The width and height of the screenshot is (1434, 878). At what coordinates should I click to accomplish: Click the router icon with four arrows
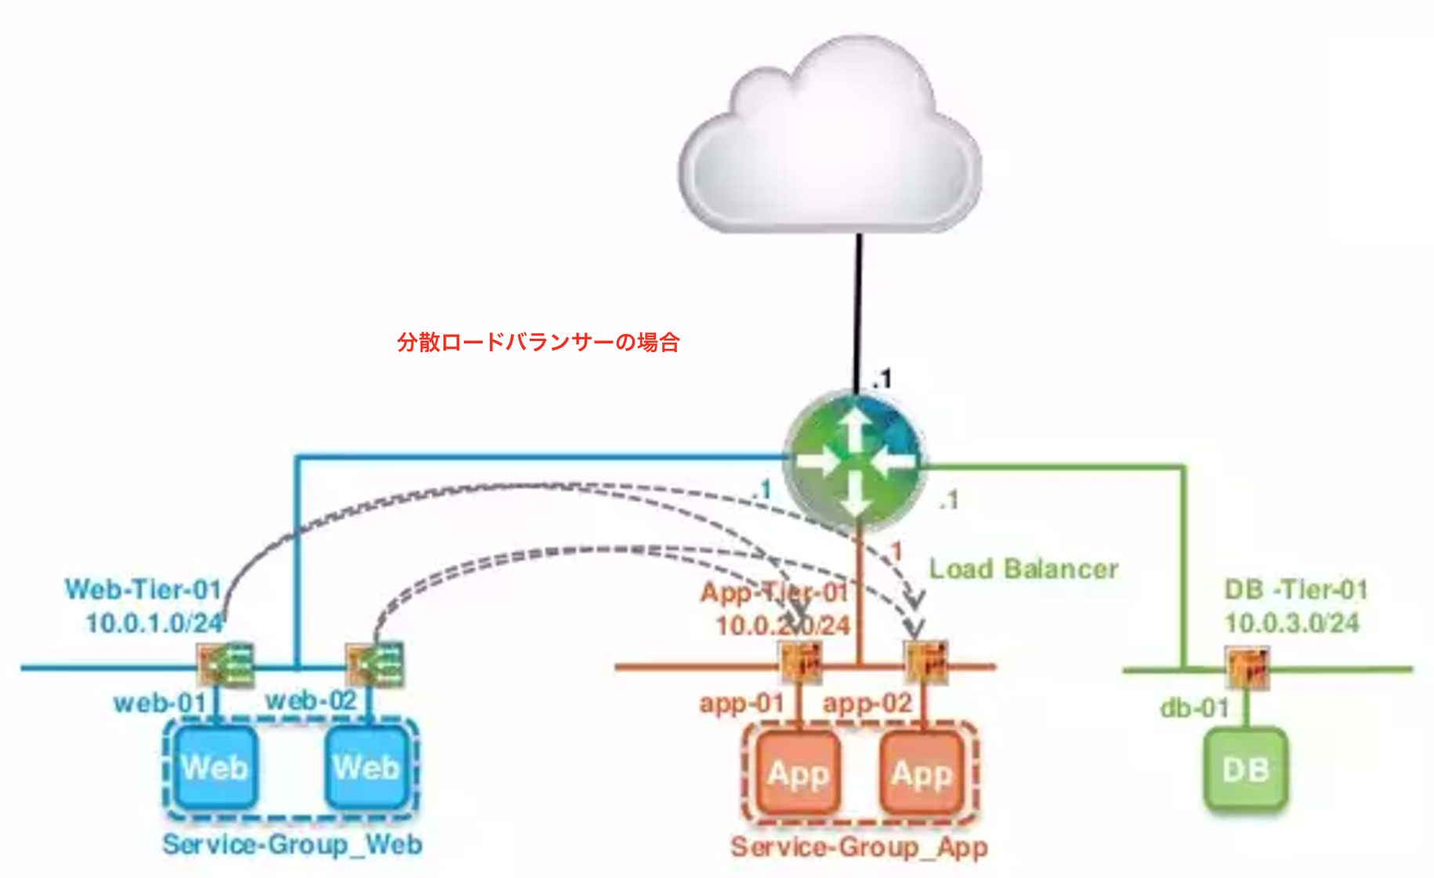[855, 462]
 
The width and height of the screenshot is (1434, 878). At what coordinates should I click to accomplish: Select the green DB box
[1245, 769]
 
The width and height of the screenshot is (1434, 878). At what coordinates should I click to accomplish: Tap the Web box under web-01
[215, 767]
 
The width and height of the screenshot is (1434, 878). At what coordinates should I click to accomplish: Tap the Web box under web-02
[367, 767]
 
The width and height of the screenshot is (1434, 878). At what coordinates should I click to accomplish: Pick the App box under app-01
[798, 773]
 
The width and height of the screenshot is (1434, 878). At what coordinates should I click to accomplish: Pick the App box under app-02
[922, 773]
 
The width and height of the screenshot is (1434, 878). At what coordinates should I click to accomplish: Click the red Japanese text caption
[538, 343]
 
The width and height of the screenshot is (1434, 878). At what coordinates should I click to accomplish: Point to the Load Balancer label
[1023, 569]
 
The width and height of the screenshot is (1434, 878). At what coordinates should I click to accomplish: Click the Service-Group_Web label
[292, 844]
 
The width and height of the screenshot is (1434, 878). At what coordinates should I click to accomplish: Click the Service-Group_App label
[859, 847]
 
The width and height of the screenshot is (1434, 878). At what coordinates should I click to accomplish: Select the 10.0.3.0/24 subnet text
[1291, 623]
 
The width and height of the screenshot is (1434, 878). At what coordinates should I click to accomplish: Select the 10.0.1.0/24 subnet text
[154, 623]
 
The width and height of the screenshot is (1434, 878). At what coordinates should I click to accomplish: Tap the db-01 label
[1194, 708]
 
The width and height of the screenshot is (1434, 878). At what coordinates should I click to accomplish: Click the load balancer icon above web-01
[226, 665]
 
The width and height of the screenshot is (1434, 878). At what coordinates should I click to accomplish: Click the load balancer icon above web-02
[375, 665]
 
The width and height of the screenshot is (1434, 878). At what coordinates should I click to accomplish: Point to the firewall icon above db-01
[1247, 668]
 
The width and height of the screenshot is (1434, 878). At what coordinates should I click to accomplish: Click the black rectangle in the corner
[1382, 140]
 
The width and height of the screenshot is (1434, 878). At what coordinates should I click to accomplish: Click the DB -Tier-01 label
[1296, 590]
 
